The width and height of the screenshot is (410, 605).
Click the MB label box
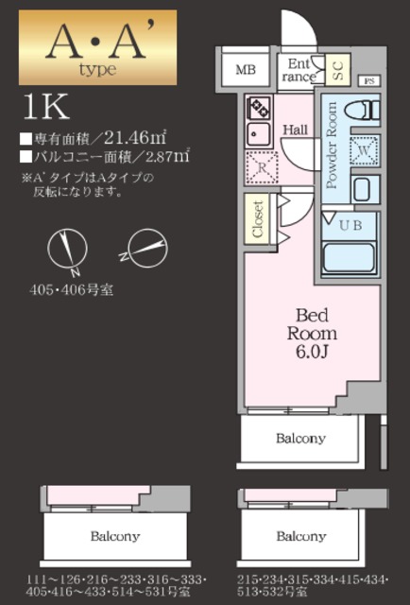pos(246,70)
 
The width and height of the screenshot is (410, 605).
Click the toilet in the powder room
pos(362,110)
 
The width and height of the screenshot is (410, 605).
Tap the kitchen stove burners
pos(257,107)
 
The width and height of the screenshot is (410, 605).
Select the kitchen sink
pos(256,134)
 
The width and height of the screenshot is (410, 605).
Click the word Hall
pos(296,130)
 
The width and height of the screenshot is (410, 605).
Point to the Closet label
pos(258,218)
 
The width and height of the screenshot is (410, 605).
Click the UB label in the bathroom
pos(350,225)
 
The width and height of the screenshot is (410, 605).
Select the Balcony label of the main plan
pos(300,438)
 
